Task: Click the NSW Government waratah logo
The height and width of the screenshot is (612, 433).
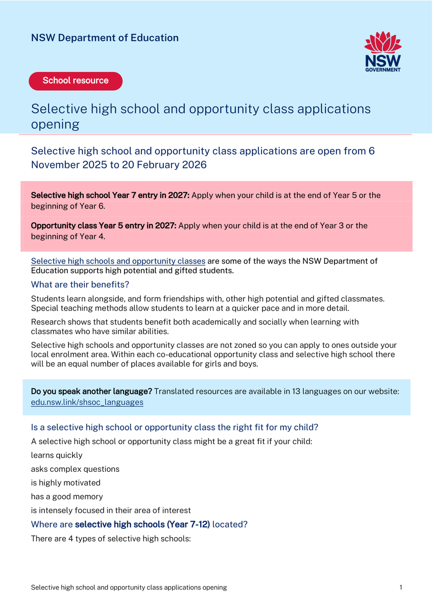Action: coord(382,51)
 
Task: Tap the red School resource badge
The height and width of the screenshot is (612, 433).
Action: coord(76,81)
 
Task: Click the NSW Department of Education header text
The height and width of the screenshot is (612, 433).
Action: coord(105,38)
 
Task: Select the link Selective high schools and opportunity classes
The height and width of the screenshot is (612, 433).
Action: coord(118,261)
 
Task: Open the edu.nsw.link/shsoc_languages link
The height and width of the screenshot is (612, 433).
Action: coord(87,402)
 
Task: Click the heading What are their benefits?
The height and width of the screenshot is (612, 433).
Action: coord(80,285)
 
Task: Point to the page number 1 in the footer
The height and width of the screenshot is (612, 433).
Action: coord(401,588)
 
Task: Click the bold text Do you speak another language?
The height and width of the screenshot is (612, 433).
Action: coord(91,392)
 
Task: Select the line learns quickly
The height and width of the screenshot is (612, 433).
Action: coord(57,455)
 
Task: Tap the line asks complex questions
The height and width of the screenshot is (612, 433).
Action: coord(75,469)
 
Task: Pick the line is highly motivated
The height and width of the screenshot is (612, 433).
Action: coord(66,483)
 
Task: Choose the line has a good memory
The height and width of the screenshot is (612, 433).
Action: coord(67,497)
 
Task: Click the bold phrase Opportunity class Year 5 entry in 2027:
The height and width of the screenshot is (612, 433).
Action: coord(104,225)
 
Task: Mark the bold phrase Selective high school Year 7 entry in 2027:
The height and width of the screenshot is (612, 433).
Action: coord(110,195)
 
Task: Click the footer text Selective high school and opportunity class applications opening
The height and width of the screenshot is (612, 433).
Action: coord(129,588)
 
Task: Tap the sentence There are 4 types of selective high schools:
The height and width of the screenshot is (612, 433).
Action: coord(111,539)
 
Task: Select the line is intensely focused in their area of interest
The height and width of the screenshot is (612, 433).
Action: coord(111,511)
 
